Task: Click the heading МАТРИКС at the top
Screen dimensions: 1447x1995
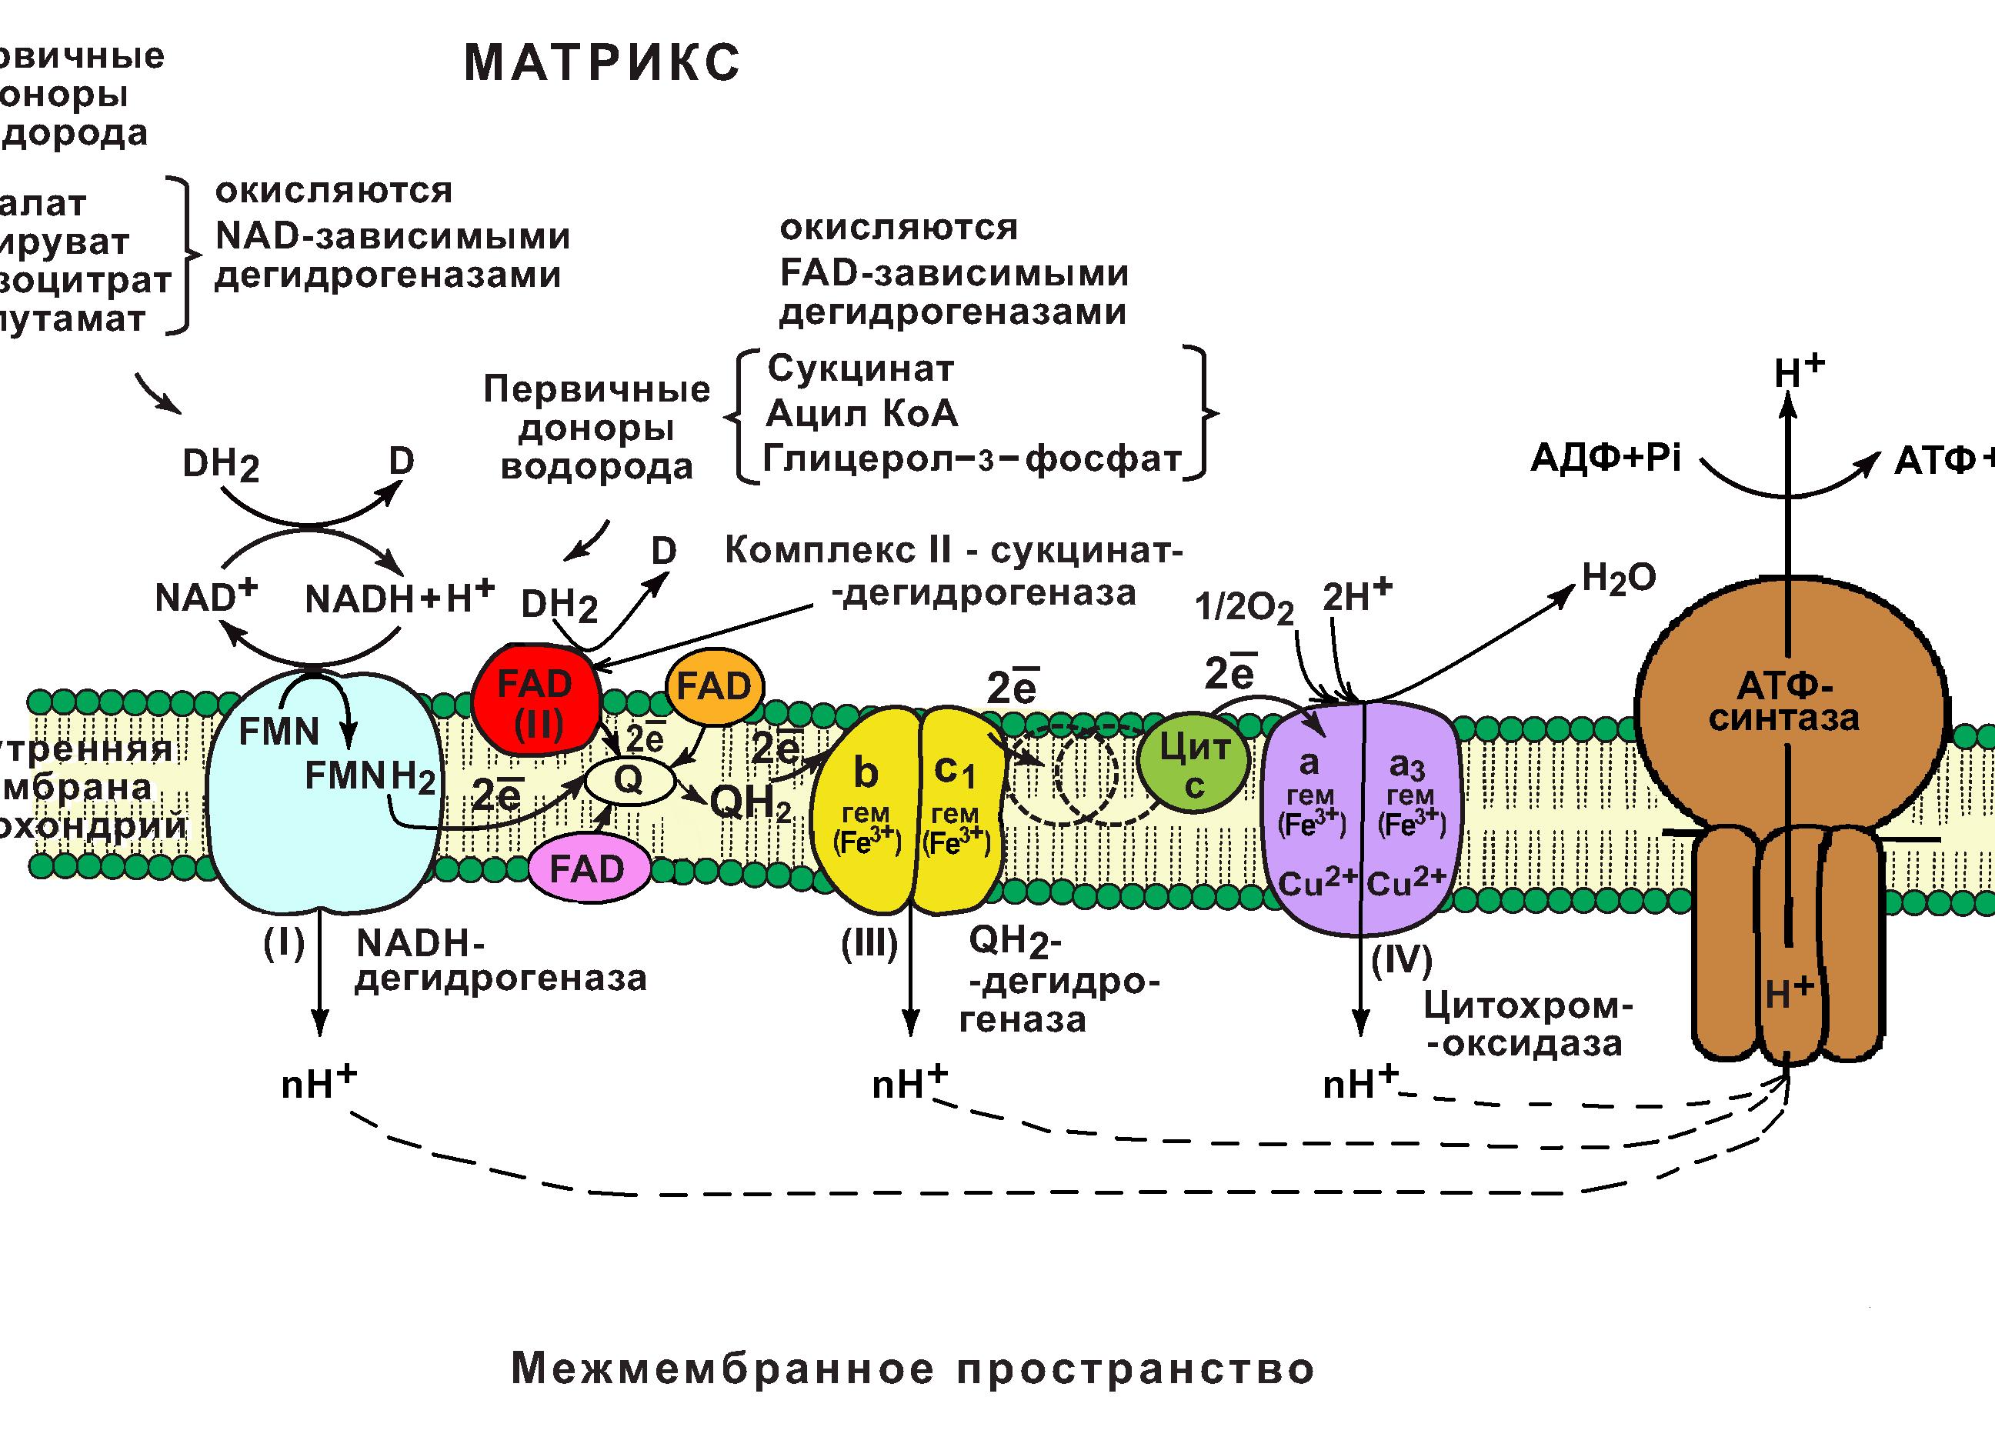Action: (602, 63)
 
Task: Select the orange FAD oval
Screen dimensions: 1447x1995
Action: (714, 686)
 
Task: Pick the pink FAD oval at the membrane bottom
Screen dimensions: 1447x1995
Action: (588, 869)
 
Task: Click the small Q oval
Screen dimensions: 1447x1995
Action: (629, 780)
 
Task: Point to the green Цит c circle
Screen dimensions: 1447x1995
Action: (1193, 762)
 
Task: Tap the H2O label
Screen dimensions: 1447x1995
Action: (1619, 578)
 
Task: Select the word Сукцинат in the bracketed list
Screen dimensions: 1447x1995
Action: (860, 368)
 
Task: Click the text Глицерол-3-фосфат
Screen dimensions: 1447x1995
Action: (971, 458)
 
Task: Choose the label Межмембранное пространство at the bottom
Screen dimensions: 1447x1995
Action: (912, 1369)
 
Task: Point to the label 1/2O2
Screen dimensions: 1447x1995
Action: (1244, 608)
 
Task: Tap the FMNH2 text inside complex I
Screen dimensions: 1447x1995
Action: (369, 777)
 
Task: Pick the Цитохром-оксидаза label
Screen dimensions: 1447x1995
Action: (1529, 1025)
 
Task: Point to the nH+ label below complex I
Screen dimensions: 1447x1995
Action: (318, 1084)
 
